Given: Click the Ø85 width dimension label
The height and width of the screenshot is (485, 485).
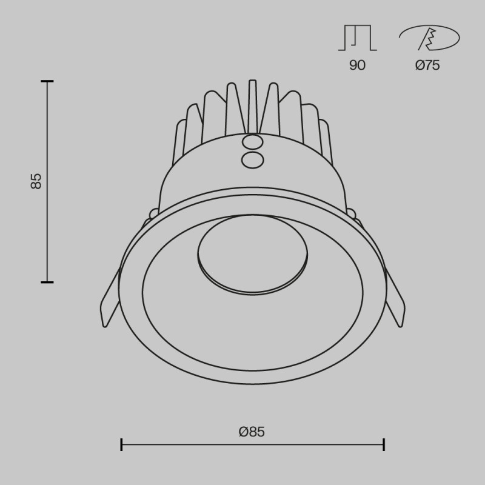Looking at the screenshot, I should pos(252,432).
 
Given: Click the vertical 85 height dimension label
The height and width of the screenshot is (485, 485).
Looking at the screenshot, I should pos(36,181).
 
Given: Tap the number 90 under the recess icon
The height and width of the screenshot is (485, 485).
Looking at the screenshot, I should pos(357,65).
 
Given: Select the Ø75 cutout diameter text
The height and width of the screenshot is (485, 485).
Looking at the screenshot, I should pos(427,65).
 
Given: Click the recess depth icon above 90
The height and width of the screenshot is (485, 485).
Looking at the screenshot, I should pos(357,38).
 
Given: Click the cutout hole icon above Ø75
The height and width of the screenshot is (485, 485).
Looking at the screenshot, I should pos(428,39).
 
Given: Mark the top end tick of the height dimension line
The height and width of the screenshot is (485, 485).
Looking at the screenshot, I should pos(47,81).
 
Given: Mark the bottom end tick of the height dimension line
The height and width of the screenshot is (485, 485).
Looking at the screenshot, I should pos(47,282).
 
